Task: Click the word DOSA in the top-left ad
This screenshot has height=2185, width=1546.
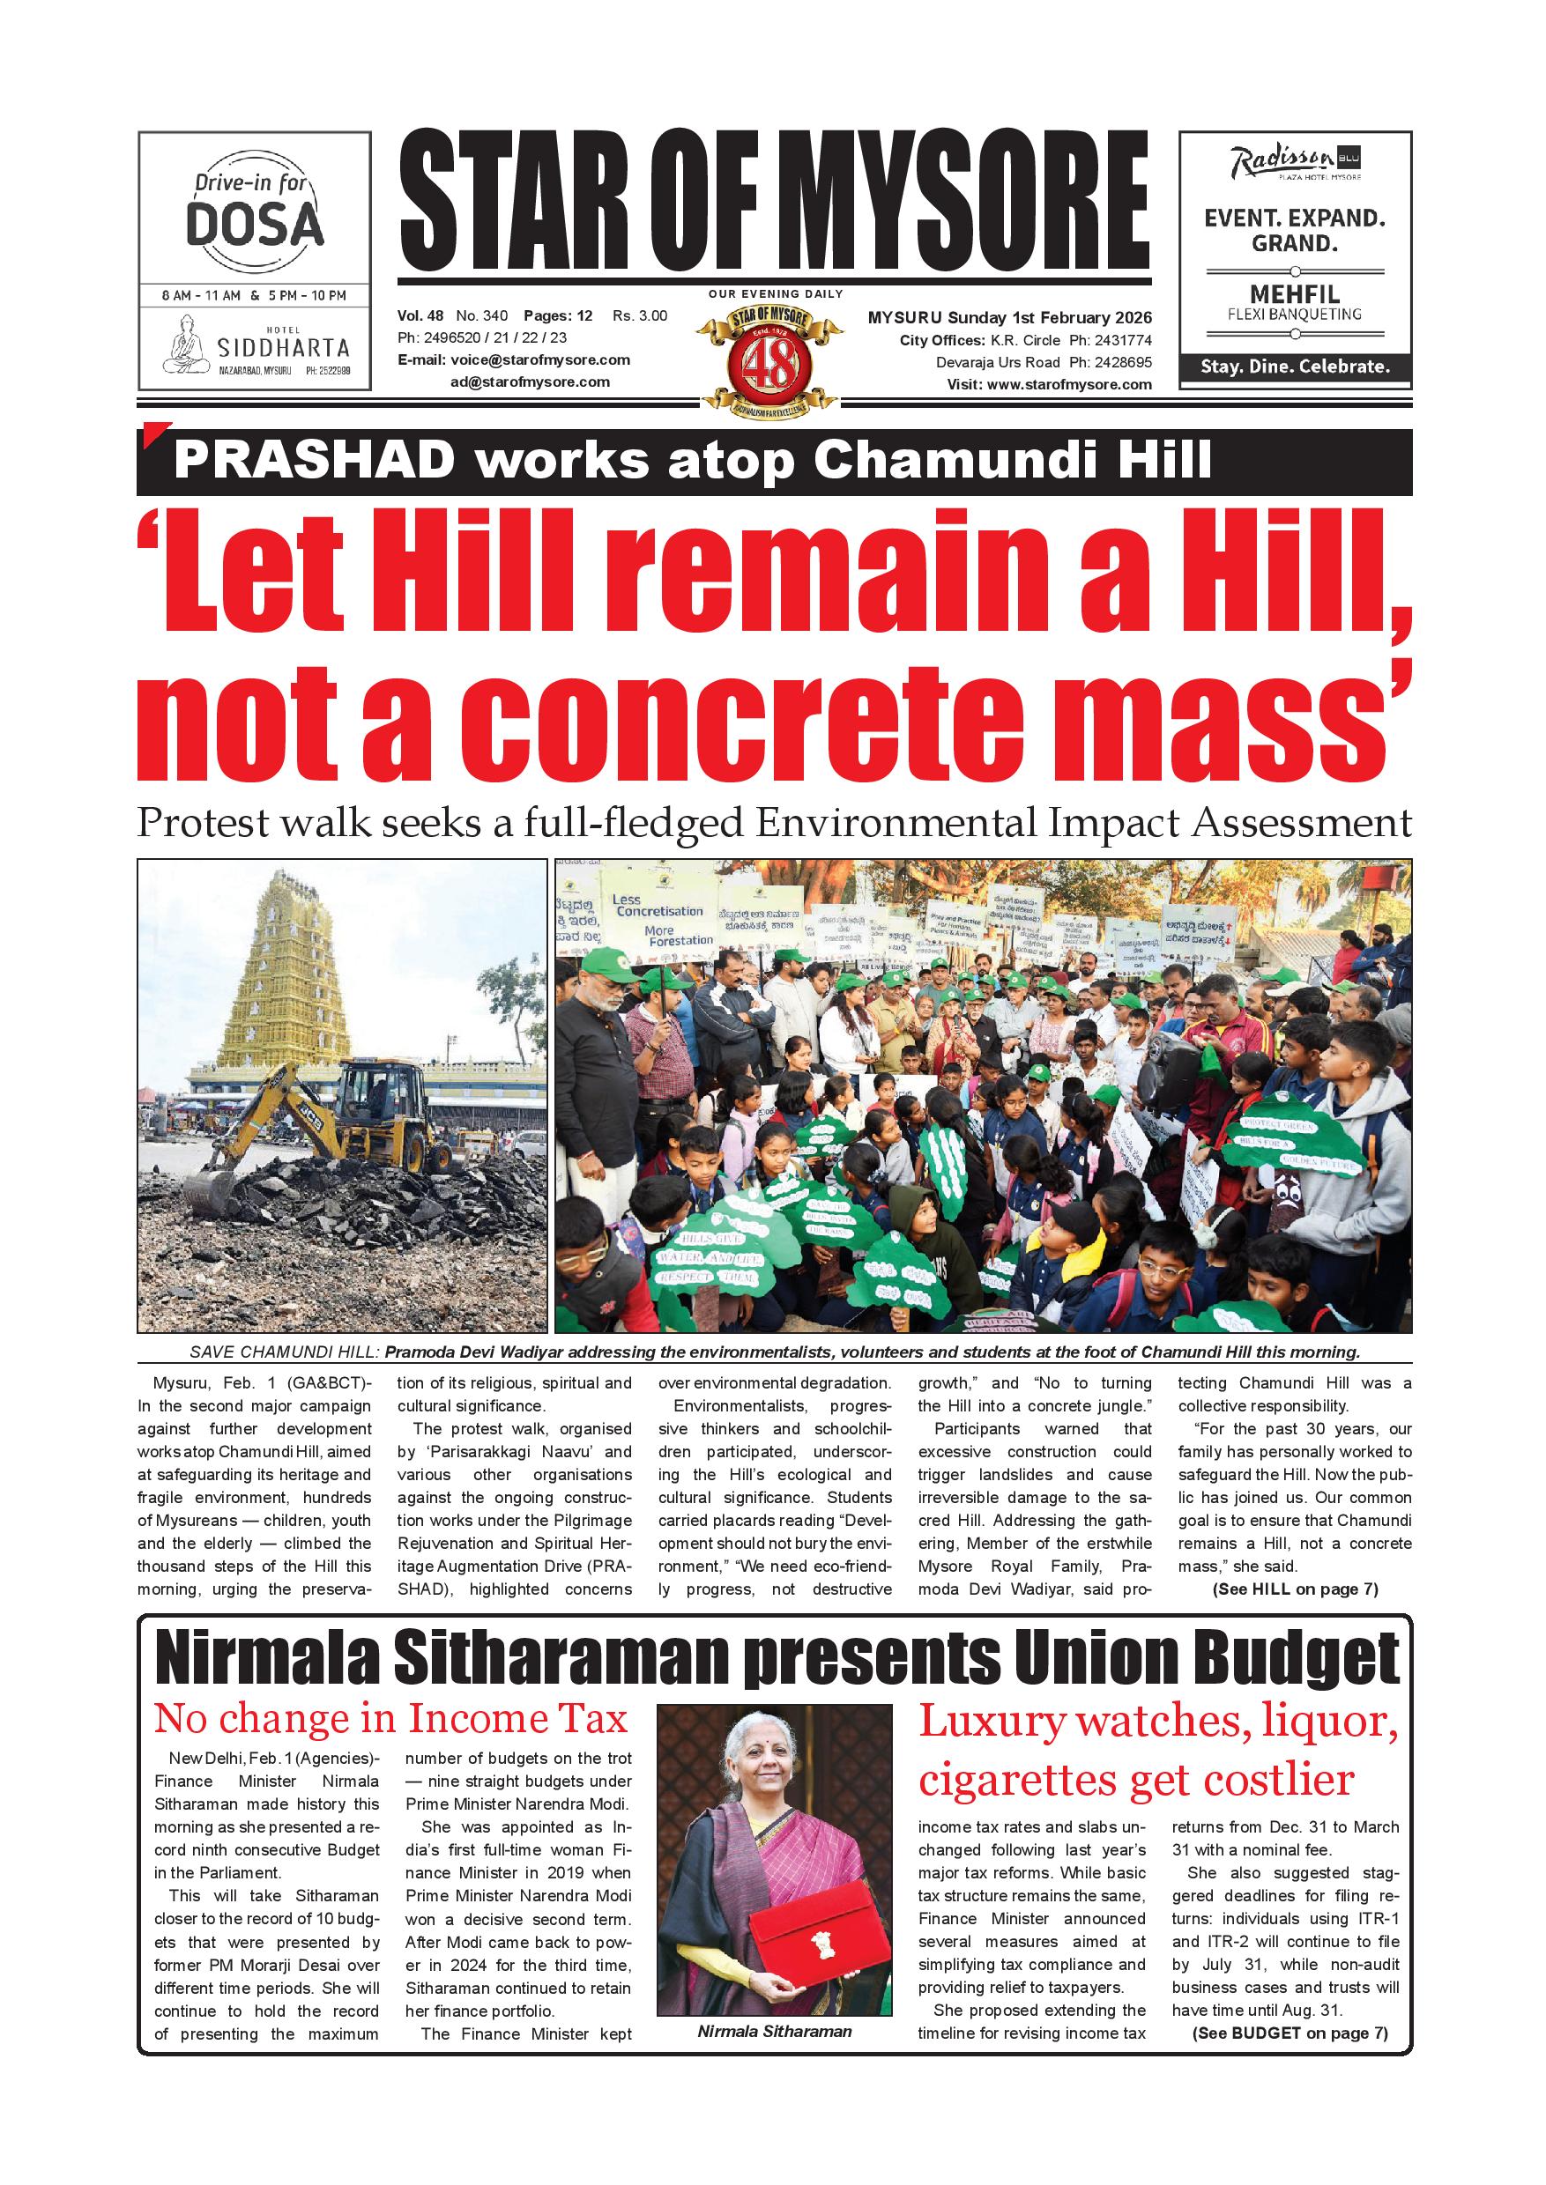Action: (x=254, y=225)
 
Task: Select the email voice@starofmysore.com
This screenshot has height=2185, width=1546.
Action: (x=539, y=359)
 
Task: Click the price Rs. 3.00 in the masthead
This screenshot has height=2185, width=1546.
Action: (x=640, y=316)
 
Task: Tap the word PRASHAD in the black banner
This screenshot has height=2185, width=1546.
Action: (x=314, y=462)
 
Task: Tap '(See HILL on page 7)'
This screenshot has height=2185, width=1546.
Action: (x=1295, y=1589)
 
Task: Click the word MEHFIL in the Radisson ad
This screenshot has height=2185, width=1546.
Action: (x=1294, y=294)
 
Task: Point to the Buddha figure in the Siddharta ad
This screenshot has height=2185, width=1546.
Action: (x=186, y=344)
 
